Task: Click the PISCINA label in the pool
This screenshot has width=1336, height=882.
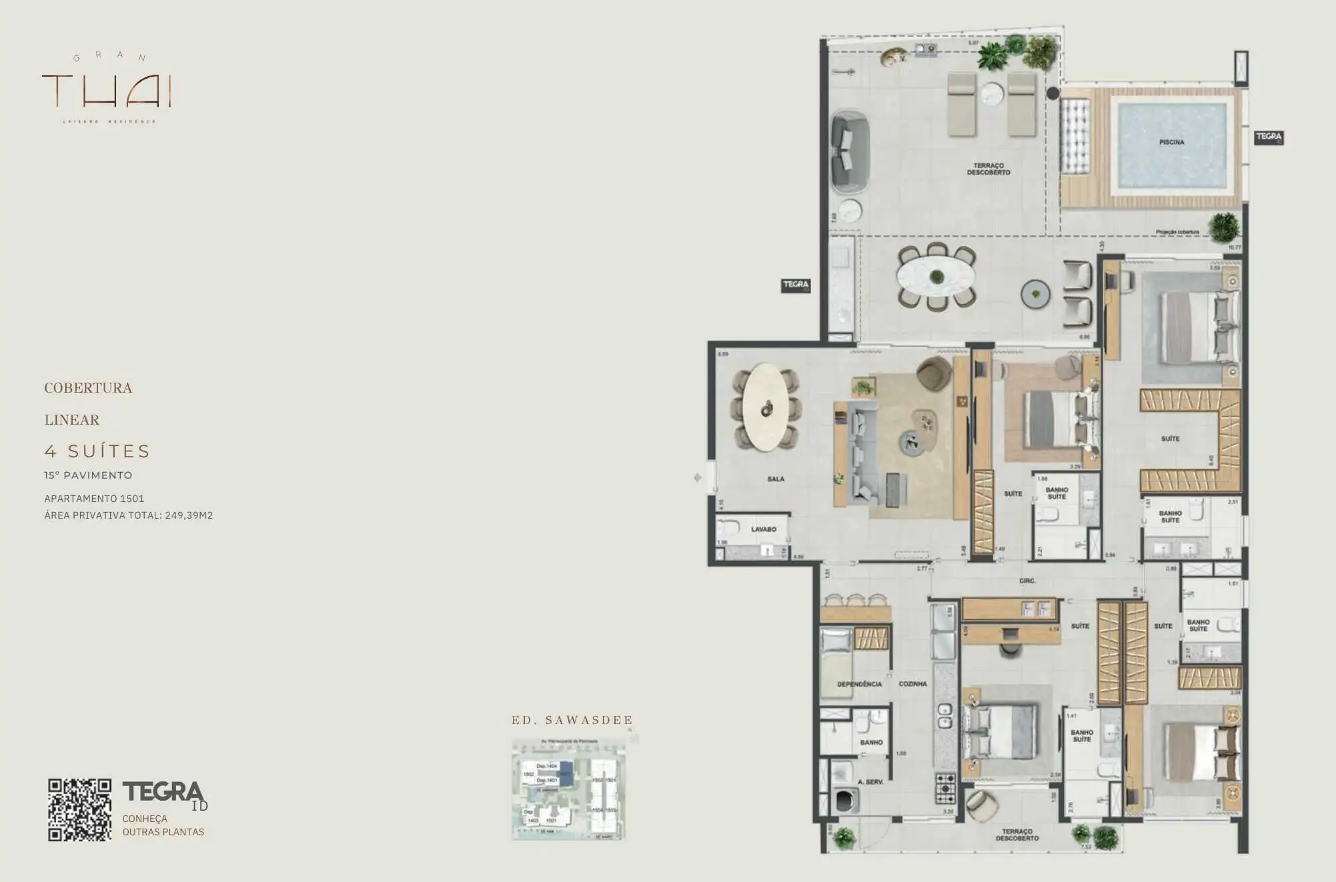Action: pyautogui.click(x=1171, y=142)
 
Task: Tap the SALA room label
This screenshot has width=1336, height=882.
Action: pyautogui.click(x=776, y=479)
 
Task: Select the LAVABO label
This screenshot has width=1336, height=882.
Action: pyautogui.click(x=764, y=529)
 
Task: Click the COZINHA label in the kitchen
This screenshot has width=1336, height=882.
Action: pyautogui.click(x=912, y=684)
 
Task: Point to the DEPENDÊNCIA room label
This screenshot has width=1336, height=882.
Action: pyautogui.click(x=859, y=684)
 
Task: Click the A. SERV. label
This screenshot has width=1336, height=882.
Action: pyautogui.click(x=870, y=782)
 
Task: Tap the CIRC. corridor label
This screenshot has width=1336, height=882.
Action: pyautogui.click(x=1027, y=581)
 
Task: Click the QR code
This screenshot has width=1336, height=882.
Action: pyautogui.click(x=79, y=809)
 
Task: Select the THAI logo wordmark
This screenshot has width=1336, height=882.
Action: pyautogui.click(x=107, y=91)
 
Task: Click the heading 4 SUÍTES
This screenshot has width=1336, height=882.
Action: pyautogui.click(x=97, y=451)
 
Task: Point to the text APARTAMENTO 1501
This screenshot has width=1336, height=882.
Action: pyautogui.click(x=94, y=499)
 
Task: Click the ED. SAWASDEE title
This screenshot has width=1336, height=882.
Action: pyautogui.click(x=572, y=720)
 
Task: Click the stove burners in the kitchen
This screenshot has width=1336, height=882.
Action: pyautogui.click(x=945, y=789)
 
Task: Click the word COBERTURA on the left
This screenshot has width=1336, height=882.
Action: pyautogui.click(x=88, y=388)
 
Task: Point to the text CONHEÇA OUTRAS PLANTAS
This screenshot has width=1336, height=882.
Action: pyautogui.click(x=163, y=825)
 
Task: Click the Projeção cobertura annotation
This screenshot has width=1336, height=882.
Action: pyautogui.click(x=1177, y=232)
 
